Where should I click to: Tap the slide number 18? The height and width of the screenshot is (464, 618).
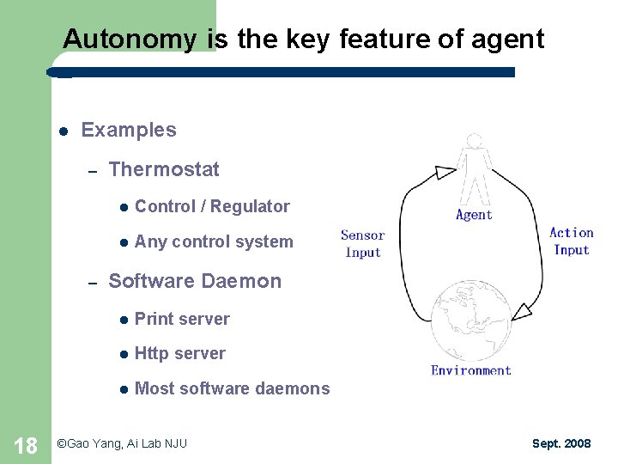pyautogui.click(x=26, y=445)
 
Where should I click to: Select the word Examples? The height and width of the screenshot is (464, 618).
pyautogui.click(x=128, y=131)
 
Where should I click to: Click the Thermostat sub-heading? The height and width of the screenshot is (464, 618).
pyautogui.click(x=164, y=170)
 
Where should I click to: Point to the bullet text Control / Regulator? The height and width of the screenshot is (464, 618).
pyautogui.click(x=212, y=206)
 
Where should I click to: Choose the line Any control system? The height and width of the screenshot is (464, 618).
pyautogui.click(x=214, y=242)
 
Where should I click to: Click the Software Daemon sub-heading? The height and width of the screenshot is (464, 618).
pyautogui.click(x=195, y=282)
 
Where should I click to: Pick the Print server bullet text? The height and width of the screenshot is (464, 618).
pyautogui.click(x=182, y=320)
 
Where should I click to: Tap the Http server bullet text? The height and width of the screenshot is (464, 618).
pyautogui.click(x=180, y=354)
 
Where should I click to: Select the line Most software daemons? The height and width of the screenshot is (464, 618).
pyautogui.click(x=232, y=389)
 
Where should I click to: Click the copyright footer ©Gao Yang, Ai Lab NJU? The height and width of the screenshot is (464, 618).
pyautogui.click(x=121, y=443)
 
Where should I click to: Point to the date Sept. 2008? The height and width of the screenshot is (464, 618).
pyautogui.click(x=561, y=443)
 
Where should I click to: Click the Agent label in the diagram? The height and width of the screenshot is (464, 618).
pyautogui.click(x=474, y=215)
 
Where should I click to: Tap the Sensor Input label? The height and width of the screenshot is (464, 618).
pyautogui.click(x=362, y=244)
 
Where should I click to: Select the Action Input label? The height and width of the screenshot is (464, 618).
pyautogui.click(x=572, y=241)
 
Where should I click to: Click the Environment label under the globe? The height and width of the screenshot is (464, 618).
pyautogui.click(x=471, y=370)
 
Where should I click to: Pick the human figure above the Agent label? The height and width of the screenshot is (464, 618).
pyautogui.click(x=473, y=168)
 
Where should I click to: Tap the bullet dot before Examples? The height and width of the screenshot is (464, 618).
pyautogui.click(x=64, y=131)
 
